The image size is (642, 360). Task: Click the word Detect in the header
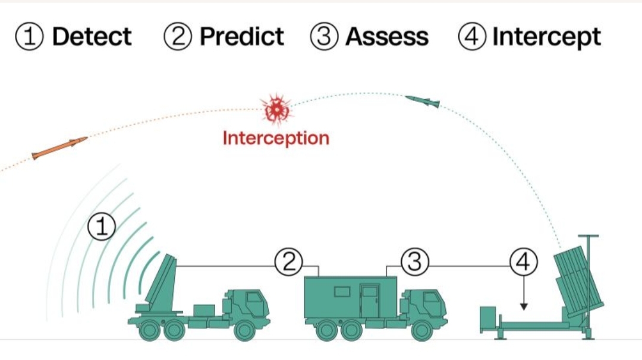[x=92, y=37]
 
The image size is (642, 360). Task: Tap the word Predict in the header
[x=242, y=37]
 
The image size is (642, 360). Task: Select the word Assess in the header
[x=387, y=37]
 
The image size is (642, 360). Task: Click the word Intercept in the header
[x=546, y=37]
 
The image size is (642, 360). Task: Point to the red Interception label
[x=276, y=138]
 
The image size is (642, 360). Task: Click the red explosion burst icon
[x=276, y=109]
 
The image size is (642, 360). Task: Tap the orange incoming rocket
[x=59, y=148]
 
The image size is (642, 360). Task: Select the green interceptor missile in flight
[x=423, y=102]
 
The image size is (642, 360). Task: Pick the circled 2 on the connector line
[x=288, y=261]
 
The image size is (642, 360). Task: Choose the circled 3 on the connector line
[x=414, y=261]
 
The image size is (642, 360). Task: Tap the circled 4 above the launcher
[x=524, y=261]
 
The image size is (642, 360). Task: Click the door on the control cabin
[x=369, y=301]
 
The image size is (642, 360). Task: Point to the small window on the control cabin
[x=342, y=292]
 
